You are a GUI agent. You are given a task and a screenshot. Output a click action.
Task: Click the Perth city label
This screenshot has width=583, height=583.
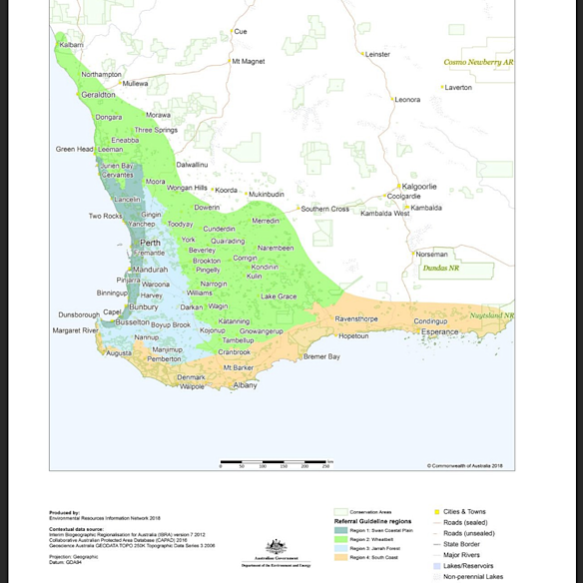[x=151, y=243]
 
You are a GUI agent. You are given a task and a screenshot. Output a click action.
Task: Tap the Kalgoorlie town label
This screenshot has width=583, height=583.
[x=417, y=186]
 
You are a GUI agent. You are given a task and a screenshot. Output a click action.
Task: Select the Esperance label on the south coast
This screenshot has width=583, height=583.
[x=439, y=331]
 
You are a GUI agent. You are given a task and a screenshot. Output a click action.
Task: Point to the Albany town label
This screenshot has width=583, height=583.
[x=245, y=384]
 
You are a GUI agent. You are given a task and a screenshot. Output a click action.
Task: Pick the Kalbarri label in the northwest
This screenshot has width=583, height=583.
[x=71, y=45]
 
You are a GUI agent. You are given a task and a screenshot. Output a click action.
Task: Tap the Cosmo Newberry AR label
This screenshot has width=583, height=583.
[x=477, y=62]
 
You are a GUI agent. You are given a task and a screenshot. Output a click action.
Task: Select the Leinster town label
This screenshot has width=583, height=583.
[x=377, y=54]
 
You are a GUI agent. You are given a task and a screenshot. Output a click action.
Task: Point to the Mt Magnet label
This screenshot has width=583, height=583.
[x=249, y=62]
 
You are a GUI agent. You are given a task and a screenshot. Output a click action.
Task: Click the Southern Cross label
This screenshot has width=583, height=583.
[x=325, y=209]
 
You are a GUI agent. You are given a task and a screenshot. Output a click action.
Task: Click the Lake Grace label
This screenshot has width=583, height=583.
[x=279, y=296]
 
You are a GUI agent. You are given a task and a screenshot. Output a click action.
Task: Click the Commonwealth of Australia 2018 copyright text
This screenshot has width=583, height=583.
[x=469, y=465]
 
